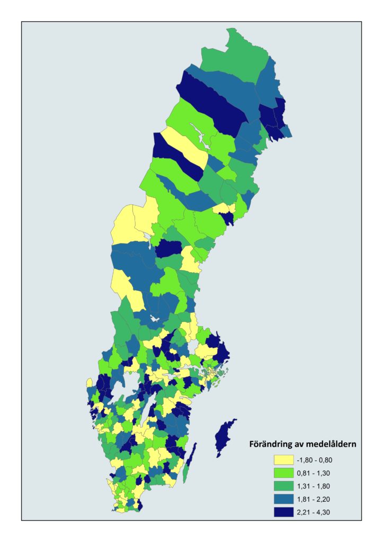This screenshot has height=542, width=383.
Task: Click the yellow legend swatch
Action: point(284,459)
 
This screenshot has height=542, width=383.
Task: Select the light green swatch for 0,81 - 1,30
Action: point(284,473)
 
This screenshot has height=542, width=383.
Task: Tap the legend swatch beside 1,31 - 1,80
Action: point(284,486)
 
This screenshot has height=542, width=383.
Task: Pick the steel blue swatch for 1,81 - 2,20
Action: point(284,499)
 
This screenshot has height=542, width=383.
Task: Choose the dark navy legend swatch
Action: point(284,512)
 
